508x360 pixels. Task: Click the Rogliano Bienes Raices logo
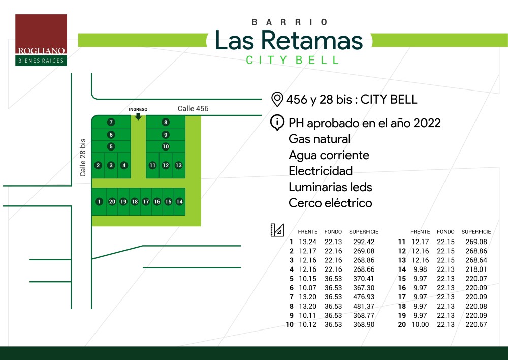point(41,40)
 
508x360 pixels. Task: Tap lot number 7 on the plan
point(111,122)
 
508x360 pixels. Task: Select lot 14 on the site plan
point(179,202)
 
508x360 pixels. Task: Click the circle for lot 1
point(99,202)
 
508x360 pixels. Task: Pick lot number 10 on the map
point(166,146)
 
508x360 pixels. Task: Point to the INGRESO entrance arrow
point(138,116)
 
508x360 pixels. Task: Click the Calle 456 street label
point(193,109)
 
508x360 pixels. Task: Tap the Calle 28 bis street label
point(83,158)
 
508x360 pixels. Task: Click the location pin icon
point(277,99)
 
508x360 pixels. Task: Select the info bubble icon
point(277,123)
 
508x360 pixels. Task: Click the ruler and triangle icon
point(277,230)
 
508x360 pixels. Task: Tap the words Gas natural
point(320,139)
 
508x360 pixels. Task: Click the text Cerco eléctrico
point(331,203)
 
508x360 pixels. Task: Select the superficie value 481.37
point(364,306)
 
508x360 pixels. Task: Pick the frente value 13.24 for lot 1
point(307,242)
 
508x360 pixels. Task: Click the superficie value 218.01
point(477,269)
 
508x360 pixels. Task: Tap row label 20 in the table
point(402,324)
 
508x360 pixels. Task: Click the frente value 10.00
point(420,324)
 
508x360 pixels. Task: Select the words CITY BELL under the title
point(293,60)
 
